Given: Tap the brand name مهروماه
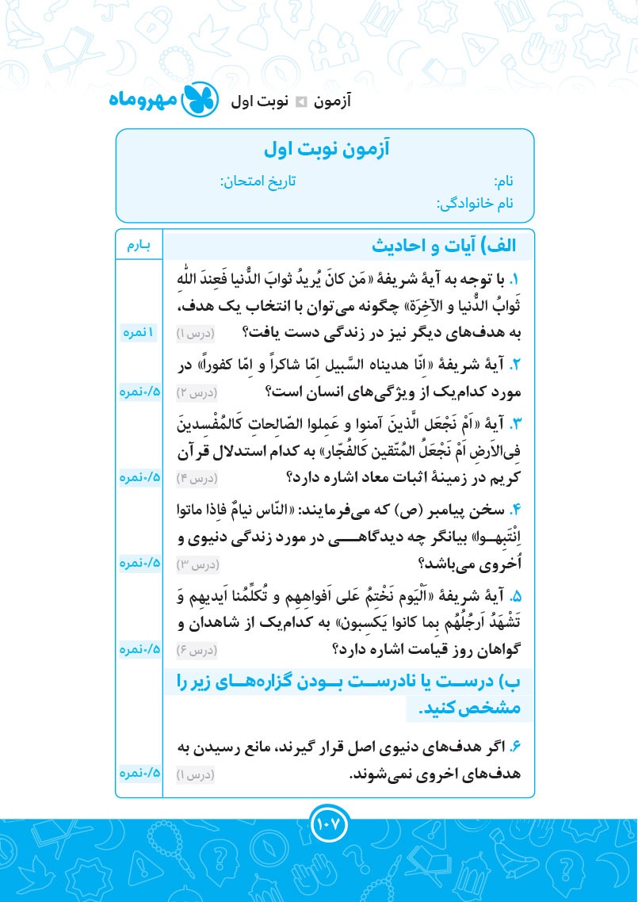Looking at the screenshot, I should coord(144,101).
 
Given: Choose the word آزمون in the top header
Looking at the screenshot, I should coord(333,101).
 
